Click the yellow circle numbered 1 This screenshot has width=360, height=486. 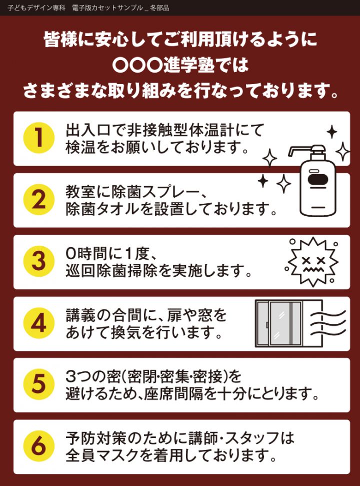click(38, 138)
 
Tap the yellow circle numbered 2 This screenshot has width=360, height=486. click(38, 200)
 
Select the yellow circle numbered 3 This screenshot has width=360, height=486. click(38, 261)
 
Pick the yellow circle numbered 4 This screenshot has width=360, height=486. click(38, 323)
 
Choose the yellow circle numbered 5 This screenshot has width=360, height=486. click(38, 384)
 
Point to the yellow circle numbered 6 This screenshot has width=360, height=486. click(38, 446)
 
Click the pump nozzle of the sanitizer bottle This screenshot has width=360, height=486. click(302, 150)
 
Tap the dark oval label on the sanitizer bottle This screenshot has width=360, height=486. click(318, 180)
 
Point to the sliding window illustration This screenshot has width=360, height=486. click(278, 323)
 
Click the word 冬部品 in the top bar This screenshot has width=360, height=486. click(159, 8)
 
